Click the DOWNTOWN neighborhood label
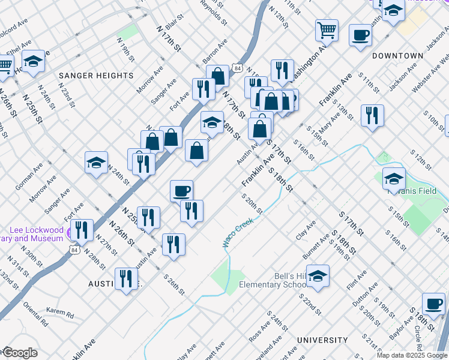click(x=397, y=56)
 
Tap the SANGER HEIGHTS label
click(x=96, y=76)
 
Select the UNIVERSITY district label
click(x=322, y=340)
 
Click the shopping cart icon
click(x=327, y=29)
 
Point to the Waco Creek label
click(x=238, y=232)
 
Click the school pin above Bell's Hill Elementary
click(x=318, y=275)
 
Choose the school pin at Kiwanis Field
click(x=394, y=178)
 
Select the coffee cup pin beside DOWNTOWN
click(x=360, y=35)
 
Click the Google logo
click(x=19, y=353)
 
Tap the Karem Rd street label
click(x=60, y=313)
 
